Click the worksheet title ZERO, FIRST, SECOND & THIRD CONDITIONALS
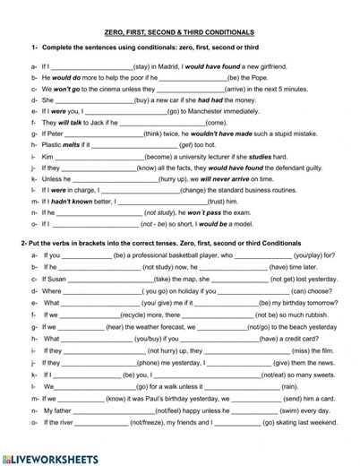click(x=179, y=31)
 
